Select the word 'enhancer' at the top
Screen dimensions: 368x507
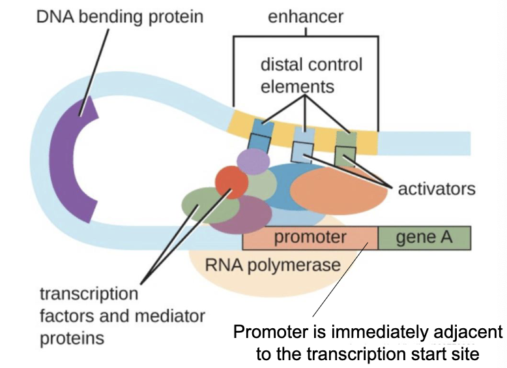pyautogui.click(x=304, y=16)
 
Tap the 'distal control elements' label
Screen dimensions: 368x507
pyautogui.click(x=311, y=75)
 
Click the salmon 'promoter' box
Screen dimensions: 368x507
pyautogui.click(x=310, y=237)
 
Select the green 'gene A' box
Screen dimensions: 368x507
pyautogui.click(x=424, y=237)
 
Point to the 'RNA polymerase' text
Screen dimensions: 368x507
pyautogui.click(x=272, y=265)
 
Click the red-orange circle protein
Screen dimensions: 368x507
pyautogui.click(x=231, y=182)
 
